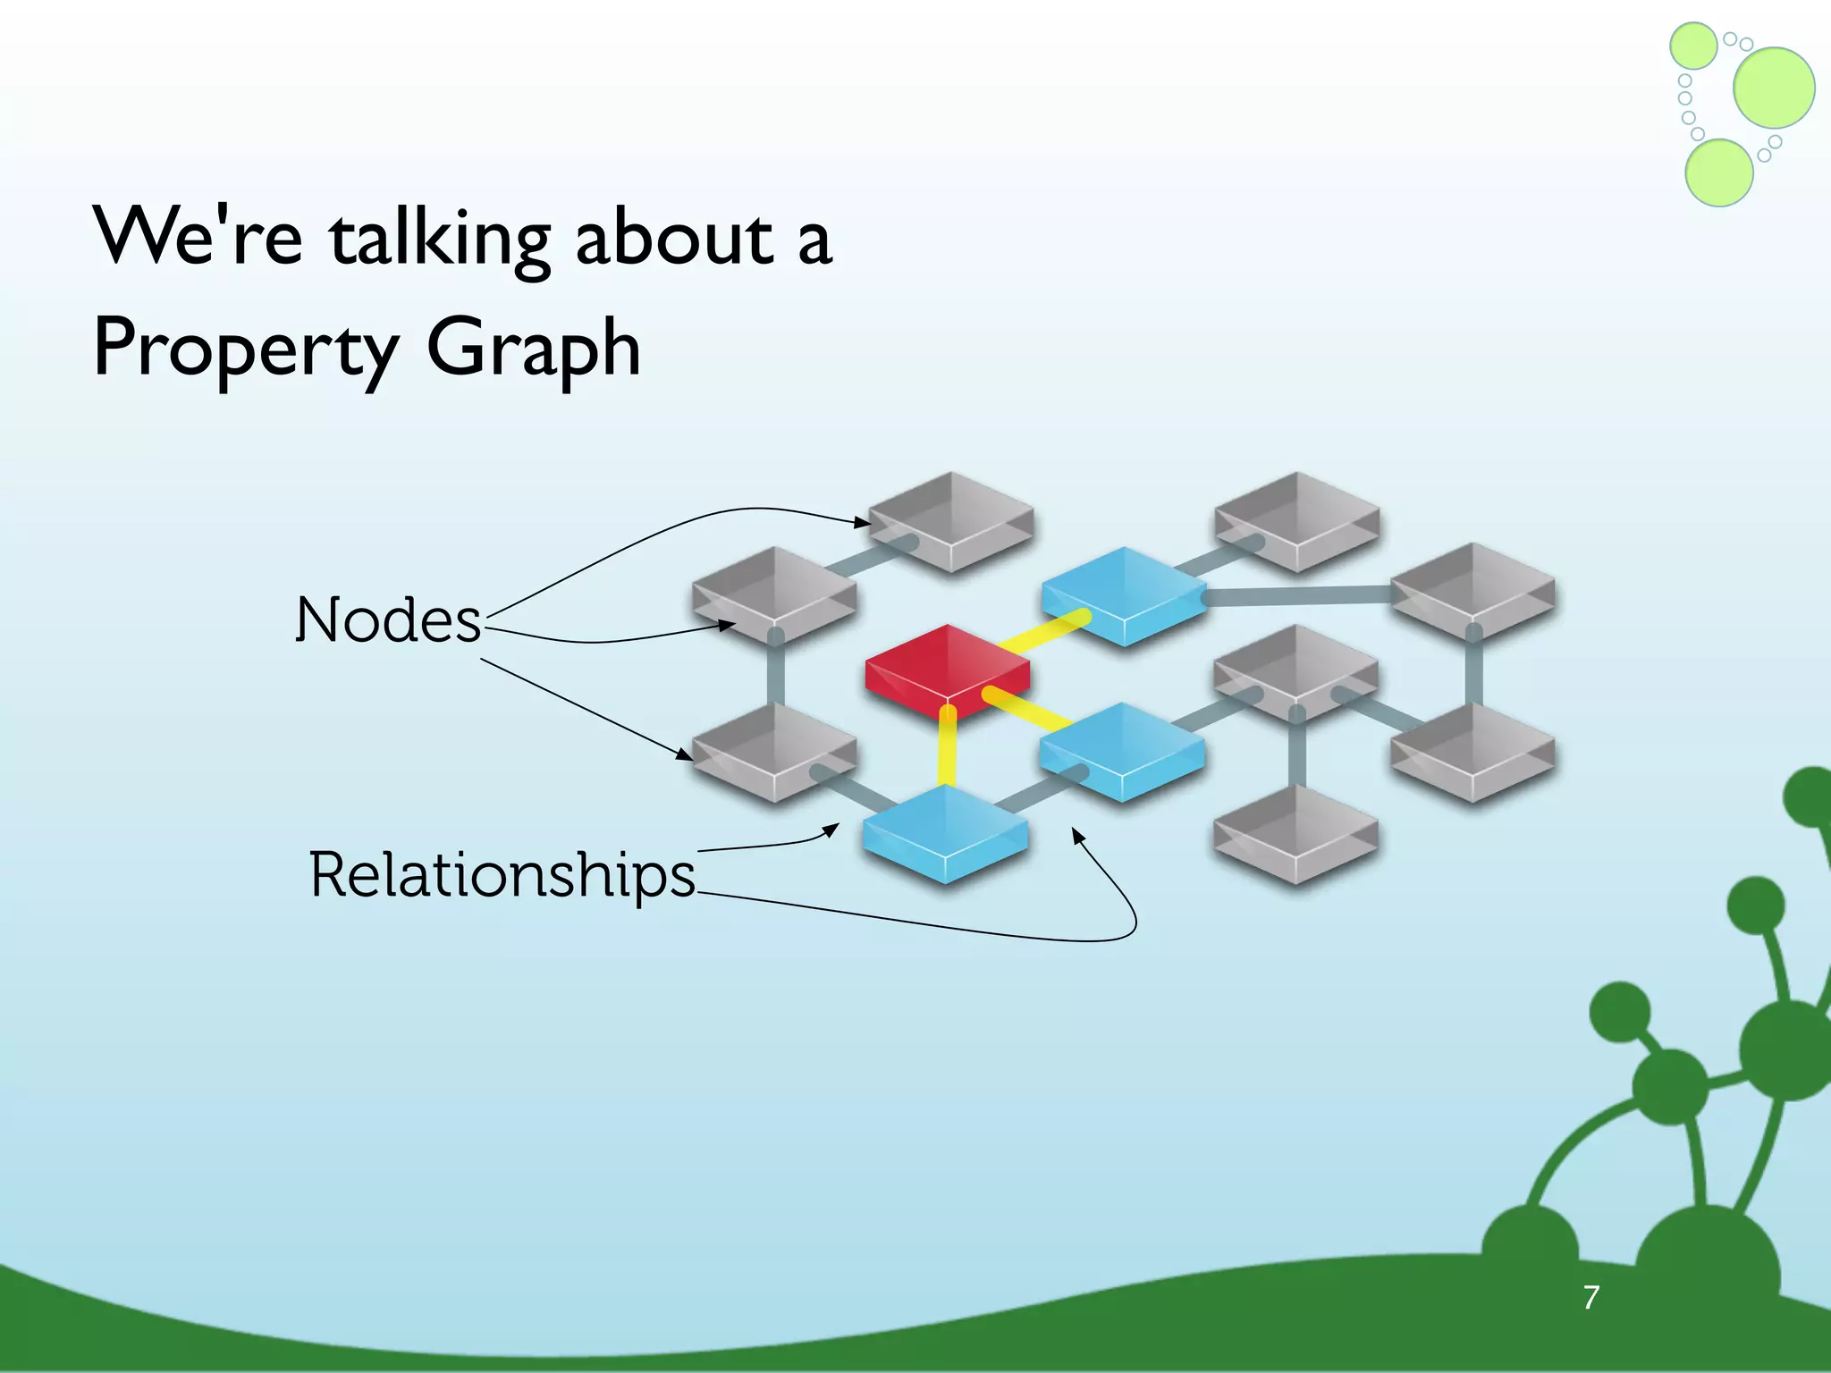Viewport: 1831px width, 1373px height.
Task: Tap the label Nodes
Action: [388, 619]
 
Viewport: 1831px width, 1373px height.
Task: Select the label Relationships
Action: [502, 874]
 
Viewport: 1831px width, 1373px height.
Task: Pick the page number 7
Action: [1591, 1297]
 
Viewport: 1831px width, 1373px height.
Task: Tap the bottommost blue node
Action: [944, 833]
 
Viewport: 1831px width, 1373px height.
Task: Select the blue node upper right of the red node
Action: [1123, 594]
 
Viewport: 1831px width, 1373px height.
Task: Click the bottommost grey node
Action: [1295, 833]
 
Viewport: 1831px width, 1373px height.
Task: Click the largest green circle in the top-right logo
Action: [1774, 87]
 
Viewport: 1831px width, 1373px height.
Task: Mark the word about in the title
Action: [674, 239]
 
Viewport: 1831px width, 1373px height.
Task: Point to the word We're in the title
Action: [198, 237]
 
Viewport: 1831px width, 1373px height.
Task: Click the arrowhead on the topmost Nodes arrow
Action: [864, 522]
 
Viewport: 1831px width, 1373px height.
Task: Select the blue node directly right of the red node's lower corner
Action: [1121, 751]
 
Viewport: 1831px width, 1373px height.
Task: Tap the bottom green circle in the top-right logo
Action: [1718, 173]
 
